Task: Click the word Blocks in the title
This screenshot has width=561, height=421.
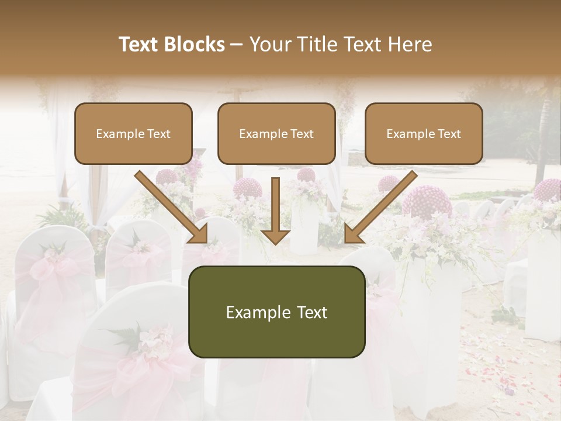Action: click(195, 44)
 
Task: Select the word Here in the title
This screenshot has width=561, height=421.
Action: click(408, 44)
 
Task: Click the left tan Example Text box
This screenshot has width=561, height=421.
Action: click(133, 133)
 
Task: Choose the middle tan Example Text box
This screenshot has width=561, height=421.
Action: click(276, 133)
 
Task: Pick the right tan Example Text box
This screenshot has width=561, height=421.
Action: click(424, 133)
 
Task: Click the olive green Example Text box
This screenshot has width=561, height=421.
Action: click(276, 312)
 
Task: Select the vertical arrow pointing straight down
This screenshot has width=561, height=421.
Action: click(275, 210)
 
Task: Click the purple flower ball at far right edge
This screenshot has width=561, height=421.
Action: click(548, 191)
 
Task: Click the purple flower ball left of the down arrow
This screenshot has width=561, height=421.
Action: click(247, 188)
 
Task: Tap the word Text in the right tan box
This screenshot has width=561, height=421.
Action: click(449, 134)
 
